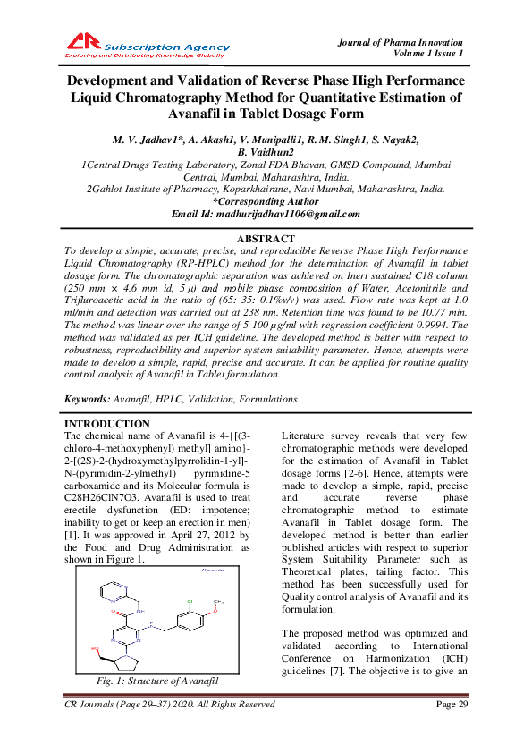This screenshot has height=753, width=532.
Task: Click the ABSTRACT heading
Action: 265,239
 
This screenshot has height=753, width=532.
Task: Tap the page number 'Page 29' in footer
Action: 452,705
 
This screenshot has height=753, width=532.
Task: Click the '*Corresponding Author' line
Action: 266,202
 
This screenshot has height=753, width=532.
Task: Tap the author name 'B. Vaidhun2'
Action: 266,153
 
